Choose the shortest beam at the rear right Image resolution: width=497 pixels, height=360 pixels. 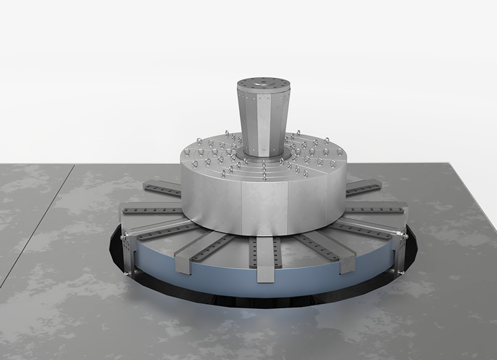364,187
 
